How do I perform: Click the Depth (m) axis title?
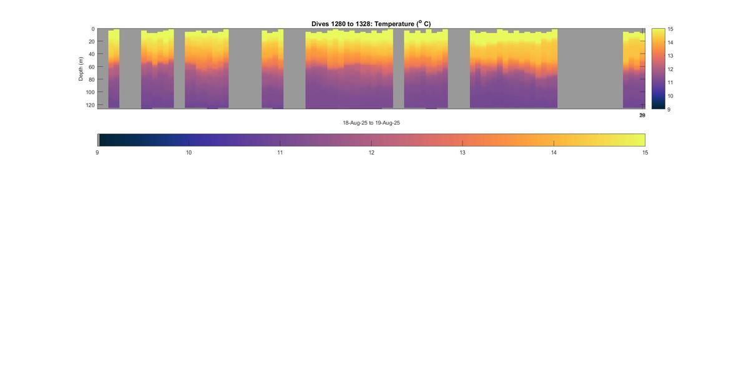click(x=81, y=69)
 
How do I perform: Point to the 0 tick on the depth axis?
click(x=93, y=29)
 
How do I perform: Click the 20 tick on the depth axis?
click(x=91, y=42)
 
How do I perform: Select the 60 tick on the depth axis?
click(x=91, y=67)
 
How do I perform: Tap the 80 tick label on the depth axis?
click(x=91, y=80)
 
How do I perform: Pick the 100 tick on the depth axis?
click(x=90, y=92)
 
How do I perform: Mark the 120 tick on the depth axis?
click(x=90, y=105)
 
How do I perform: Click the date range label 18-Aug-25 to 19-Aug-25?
click(x=371, y=123)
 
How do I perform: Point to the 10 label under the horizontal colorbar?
click(x=188, y=153)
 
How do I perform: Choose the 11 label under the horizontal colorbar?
click(x=280, y=153)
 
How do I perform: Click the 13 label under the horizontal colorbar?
click(x=463, y=153)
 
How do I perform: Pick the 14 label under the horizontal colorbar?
click(x=554, y=153)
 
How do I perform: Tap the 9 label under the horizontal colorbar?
click(x=97, y=153)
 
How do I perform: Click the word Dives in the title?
click(x=320, y=24)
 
